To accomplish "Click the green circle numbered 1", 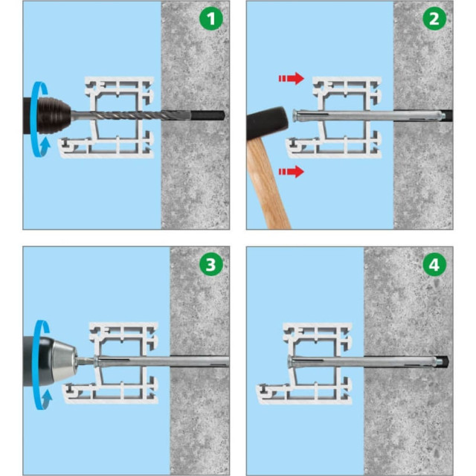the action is click(211, 19).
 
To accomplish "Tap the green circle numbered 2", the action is click(434, 19).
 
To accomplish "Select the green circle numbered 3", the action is click(211, 265).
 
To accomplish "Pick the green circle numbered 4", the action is click(434, 265).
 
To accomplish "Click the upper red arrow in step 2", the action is click(292, 78).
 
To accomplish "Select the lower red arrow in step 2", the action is click(292, 172).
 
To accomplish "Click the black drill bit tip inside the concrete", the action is click(208, 115).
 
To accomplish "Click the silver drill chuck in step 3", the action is click(65, 361).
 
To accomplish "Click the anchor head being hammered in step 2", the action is click(295, 116).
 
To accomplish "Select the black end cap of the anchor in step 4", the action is click(445, 361).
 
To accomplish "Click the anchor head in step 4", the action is click(290, 362).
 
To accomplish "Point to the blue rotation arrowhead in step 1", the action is click(45, 145).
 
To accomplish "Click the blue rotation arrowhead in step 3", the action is click(46, 399).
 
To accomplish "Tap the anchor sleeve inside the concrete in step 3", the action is click(199, 361).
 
